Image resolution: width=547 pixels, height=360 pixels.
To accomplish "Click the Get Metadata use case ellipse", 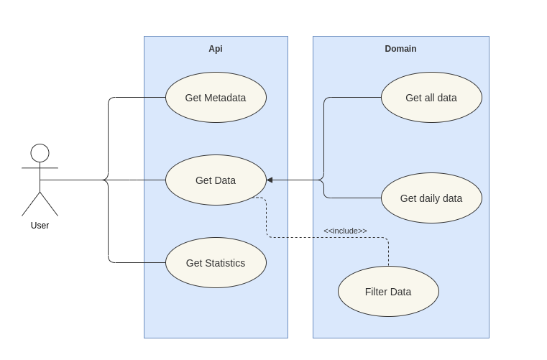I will click(216, 98).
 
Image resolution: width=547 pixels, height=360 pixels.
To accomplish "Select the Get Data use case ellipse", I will click(216, 180).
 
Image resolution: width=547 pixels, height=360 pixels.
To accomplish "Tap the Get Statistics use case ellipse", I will click(216, 263).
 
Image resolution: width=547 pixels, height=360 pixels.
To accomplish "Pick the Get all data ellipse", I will click(431, 98).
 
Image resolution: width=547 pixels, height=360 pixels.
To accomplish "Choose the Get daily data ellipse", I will click(431, 198).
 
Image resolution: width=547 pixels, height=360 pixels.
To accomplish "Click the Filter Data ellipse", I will click(388, 292).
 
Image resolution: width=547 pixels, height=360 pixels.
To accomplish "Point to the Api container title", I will click(216, 49).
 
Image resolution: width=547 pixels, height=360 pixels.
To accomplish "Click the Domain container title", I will click(400, 49).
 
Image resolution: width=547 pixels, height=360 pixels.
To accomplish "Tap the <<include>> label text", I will click(345, 231).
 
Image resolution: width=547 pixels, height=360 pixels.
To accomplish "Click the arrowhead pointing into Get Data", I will click(270, 180).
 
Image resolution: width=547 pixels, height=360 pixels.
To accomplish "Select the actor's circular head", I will click(40, 153).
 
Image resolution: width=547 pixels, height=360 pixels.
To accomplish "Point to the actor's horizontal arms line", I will click(40, 168).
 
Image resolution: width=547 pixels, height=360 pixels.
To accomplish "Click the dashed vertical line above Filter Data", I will click(388, 253).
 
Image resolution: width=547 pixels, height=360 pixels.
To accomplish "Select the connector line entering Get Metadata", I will click(137, 98).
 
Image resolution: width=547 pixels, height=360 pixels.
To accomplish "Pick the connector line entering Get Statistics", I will click(137, 263).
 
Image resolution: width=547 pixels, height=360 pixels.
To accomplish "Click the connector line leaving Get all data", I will click(352, 98).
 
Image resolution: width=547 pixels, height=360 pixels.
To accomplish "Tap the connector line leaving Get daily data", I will click(352, 198).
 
